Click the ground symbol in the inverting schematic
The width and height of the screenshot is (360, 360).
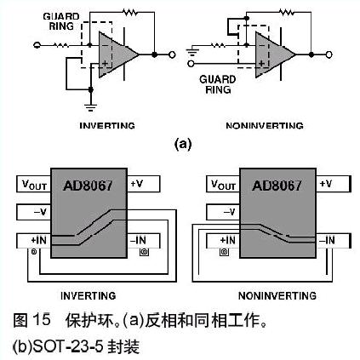pyautogui.click(x=91, y=107)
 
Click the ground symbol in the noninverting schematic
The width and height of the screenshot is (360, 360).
pyautogui.click(x=191, y=53)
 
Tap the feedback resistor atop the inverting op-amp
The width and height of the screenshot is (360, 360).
pyautogui.click(x=129, y=12)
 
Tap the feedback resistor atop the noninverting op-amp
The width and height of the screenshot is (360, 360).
pyautogui.click(x=287, y=12)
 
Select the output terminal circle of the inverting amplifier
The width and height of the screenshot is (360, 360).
pyautogui.click(x=172, y=54)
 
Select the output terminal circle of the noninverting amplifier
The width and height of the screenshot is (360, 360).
pyautogui.click(x=329, y=54)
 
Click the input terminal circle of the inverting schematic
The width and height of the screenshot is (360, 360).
pyautogui.click(x=37, y=45)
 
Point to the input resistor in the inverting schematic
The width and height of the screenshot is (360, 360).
pyautogui.click(x=61, y=45)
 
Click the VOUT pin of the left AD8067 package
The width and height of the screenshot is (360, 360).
pyautogui.click(x=34, y=184)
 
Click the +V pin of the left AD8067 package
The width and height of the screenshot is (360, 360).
pyautogui.click(x=143, y=184)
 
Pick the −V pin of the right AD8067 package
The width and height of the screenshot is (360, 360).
pyautogui.click(x=223, y=212)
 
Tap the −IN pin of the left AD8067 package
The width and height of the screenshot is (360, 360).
pyautogui.click(x=143, y=241)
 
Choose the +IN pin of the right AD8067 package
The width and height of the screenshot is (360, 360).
pyautogui.click(x=223, y=241)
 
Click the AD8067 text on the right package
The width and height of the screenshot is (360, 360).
pyautogui.click(x=277, y=186)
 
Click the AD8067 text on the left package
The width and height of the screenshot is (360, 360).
pyautogui.click(x=88, y=186)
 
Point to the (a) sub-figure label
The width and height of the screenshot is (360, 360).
pyautogui.click(x=183, y=144)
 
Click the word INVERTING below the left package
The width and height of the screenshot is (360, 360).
pyautogui.click(x=89, y=296)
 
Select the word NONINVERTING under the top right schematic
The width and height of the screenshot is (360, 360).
pyautogui.click(x=265, y=125)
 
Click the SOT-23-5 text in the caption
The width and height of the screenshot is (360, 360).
pyautogui.click(x=67, y=346)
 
